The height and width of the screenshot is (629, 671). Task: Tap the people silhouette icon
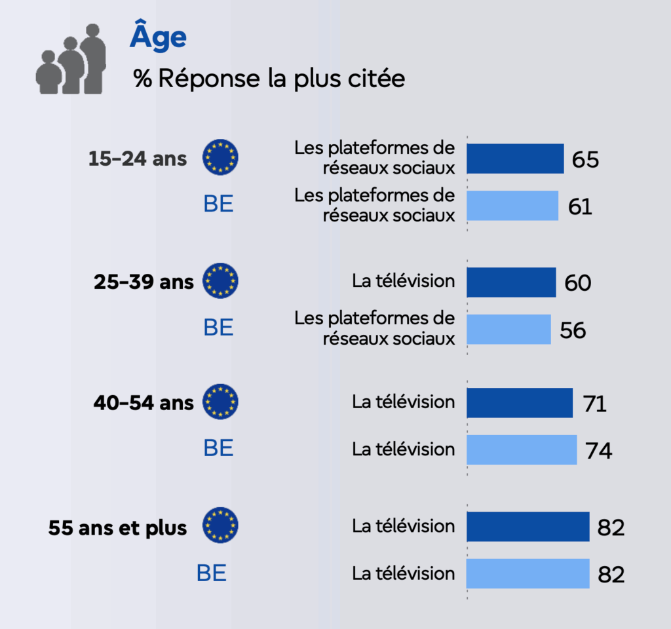(71, 60)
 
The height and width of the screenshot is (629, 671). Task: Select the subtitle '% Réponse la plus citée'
(269, 79)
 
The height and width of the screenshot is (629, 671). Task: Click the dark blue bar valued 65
(515, 159)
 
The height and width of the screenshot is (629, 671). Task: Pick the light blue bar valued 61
(512, 206)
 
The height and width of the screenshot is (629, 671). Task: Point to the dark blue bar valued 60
(511, 282)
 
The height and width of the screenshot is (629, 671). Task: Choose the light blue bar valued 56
(508, 330)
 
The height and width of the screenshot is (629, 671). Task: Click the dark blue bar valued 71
(520, 403)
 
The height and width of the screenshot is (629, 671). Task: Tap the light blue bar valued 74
(522, 450)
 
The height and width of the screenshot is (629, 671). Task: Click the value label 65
(585, 159)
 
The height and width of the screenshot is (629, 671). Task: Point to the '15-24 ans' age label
(138, 159)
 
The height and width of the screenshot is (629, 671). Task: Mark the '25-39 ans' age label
(144, 282)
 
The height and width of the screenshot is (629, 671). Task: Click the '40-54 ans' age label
(144, 402)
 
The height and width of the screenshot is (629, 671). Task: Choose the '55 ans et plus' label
(117, 527)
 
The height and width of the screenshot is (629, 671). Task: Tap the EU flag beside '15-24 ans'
(220, 157)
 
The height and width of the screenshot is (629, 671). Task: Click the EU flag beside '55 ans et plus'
(220, 525)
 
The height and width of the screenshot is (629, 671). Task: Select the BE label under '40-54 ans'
(218, 449)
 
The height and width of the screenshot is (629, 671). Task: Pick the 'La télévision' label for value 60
(403, 282)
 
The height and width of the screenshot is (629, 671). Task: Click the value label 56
(573, 330)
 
